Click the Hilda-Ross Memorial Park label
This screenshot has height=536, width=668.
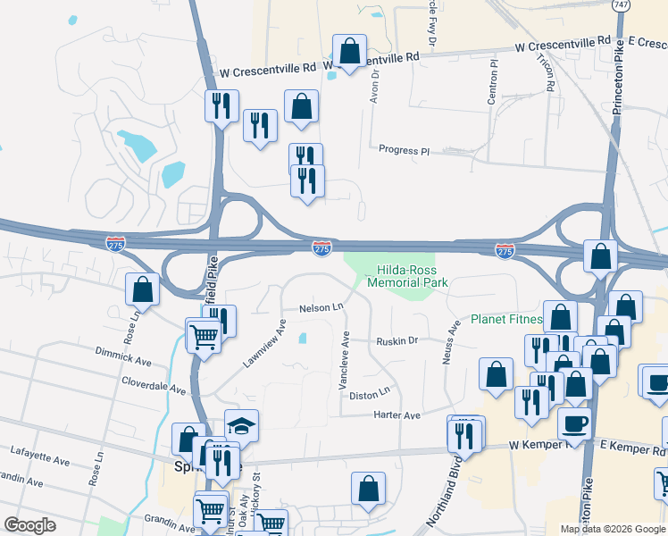click(x=412, y=275)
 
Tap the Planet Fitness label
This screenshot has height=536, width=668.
click(x=506, y=319)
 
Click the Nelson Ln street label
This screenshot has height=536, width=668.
click(x=321, y=307)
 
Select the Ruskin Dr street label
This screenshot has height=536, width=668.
click(x=397, y=340)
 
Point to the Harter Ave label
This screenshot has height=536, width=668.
click(x=398, y=415)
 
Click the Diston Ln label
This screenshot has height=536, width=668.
click(x=371, y=392)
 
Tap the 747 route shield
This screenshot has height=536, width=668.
click(x=620, y=4)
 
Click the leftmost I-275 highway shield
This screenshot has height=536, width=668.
click(x=115, y=243)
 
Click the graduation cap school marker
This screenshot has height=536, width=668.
click(x=241, y=426)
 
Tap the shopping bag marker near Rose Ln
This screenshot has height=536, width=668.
click(x=143, y=289)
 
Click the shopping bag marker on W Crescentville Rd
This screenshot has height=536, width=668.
click(x=350, y=51)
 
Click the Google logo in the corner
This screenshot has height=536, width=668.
click(x=29, y=525)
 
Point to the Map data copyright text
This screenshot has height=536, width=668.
click(x=613, y=529)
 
